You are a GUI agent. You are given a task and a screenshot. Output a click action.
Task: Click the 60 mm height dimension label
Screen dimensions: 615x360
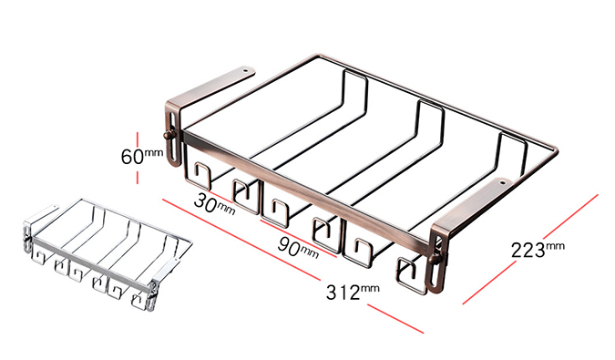(x=141, y=156)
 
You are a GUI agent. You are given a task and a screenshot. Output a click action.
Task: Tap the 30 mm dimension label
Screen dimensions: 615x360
(x=214, y=205)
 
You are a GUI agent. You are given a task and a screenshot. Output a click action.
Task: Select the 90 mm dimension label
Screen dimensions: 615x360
(x=298, y=247)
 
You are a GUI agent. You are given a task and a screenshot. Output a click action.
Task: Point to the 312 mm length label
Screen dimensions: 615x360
(x=353, y=292)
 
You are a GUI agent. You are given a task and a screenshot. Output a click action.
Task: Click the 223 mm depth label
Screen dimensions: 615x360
(x=538, y=250)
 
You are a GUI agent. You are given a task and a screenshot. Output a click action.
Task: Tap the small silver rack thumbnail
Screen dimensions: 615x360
(x=108, y=254)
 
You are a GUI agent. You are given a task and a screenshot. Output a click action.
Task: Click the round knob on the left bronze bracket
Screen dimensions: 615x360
(x=168, y=135)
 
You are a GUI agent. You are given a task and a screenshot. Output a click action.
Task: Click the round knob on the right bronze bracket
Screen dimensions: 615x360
(x=435, y=259)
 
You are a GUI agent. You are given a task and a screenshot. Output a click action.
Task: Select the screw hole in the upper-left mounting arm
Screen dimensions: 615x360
(x=245, y=71)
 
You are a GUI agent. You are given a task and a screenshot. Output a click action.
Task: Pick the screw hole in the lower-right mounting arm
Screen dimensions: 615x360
(x=502, y=182)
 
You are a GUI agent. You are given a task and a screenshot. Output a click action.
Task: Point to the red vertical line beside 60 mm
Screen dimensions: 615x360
(x=138, y=158)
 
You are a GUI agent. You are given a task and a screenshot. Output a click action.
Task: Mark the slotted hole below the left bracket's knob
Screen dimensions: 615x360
(x=173, y=149)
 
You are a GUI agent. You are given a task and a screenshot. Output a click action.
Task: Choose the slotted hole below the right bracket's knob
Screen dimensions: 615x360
(x=436, y=275)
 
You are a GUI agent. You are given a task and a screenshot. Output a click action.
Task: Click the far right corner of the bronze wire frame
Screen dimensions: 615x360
(x=557, y=149)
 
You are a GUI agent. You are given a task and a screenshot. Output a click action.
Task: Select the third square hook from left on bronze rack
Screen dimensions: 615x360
(x=275, y=212)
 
